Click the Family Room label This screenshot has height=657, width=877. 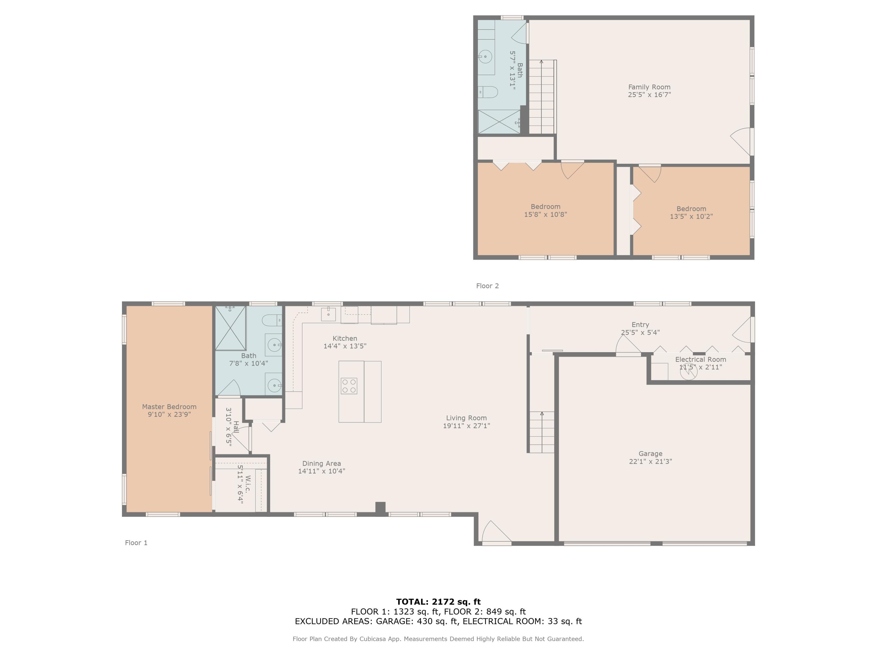click(649, 87)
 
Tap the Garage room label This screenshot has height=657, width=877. click(650, 454)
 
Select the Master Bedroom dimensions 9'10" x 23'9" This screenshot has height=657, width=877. click(169, 415)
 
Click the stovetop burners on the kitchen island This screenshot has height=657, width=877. click(349, 386)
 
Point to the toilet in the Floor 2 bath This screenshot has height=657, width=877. click(488, 92)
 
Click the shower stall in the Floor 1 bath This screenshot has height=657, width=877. click(230, 328)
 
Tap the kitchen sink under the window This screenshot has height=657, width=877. click(328, 314)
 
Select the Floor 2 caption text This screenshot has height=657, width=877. click(487, 286)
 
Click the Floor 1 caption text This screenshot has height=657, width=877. click(136, 543)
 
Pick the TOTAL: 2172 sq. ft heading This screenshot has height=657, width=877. click(438, 602)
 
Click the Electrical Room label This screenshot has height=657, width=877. click(700, 359)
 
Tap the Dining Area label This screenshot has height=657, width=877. click(322, 463)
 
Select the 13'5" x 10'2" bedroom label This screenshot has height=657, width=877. click(691, 213)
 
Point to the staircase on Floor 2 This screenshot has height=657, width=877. click(542, 97)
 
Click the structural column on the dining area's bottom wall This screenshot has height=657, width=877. click(380, 508)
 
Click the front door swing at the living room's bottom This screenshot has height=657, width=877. click(496, 533)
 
